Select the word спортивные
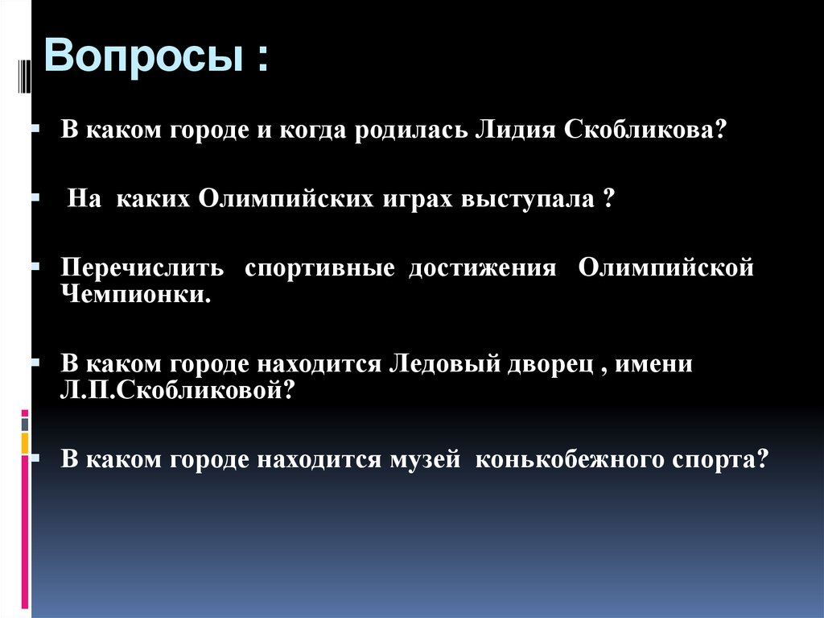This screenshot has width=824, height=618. [320, 268]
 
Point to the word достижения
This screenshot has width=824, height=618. [482, 268]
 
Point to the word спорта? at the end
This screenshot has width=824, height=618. [715, 459]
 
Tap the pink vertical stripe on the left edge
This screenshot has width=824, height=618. [26, 524]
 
